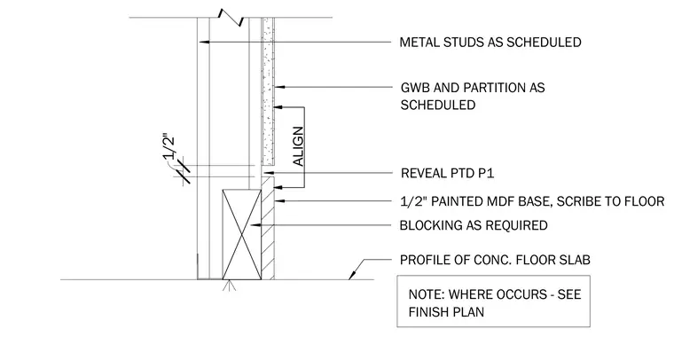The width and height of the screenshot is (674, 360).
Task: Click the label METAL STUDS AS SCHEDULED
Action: pos(490,42)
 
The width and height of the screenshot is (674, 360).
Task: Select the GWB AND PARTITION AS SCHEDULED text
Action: pos(473,97)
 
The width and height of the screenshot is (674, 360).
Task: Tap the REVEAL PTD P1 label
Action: pos(448,173)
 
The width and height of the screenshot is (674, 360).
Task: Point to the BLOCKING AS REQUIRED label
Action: pos(474,225)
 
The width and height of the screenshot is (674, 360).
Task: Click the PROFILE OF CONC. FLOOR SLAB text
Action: pos(495,260)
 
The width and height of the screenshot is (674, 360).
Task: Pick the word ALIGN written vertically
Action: pos(298,146)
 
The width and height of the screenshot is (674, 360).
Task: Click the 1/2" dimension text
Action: pos(168,148)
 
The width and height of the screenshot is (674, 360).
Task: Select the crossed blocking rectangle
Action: pos(241,235)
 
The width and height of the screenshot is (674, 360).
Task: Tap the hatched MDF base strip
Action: pos(268,228)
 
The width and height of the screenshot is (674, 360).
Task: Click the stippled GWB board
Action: pos(268,91)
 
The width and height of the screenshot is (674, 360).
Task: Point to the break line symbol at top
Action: pos(231,17)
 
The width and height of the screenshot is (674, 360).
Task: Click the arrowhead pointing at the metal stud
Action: pos(204,42)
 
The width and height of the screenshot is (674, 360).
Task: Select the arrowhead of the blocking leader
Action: pos(255,224)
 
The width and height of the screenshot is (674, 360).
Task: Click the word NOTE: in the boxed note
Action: pos(427,294)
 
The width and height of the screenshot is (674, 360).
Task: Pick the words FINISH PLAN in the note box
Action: pos(446,312)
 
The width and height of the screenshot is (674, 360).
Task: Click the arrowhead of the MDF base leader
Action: pos(280,200)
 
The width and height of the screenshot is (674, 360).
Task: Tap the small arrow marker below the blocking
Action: pos(229,285)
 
